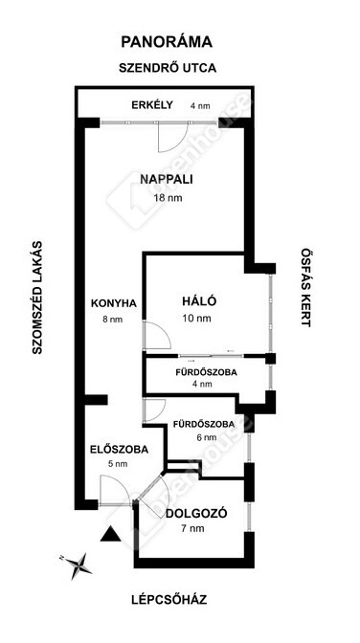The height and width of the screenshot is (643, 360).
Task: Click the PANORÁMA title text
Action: [x=167, y=41]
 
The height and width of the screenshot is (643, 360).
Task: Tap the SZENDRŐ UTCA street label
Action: [x=168, y=68]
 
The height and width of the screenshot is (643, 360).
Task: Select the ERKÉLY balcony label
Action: [x=152, y=104]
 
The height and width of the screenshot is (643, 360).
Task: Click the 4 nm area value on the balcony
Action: [x=200, y=105]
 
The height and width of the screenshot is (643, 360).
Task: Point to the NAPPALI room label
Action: [x=167, y=179]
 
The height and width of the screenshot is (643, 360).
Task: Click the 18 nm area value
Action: [x=168, y=198]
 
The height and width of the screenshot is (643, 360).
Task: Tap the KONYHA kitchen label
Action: [x=113, y=303]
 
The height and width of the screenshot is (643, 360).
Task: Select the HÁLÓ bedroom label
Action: [x=199, y=300]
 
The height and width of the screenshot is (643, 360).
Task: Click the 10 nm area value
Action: [x=197, y=319]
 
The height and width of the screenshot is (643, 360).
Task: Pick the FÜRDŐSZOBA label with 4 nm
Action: [x=206, y=373]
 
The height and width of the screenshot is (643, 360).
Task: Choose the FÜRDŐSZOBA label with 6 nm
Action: [x=204, y=424]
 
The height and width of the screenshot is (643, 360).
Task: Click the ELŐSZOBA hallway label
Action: [x=119, y=449]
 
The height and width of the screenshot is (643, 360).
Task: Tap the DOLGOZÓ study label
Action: [x=196, y=514]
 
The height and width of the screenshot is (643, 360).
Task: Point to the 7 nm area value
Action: [x=194, y=529]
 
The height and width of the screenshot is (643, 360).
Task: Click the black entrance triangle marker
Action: [x=110, y=534]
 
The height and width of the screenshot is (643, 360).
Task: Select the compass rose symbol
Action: [x=78, y=565]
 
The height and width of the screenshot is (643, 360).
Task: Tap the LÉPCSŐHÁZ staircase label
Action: [x=169, y=600]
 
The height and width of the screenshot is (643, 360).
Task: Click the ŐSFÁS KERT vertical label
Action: [x=305, y=287]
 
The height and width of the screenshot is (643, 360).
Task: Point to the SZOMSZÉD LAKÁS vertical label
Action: [x=37, y=298]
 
